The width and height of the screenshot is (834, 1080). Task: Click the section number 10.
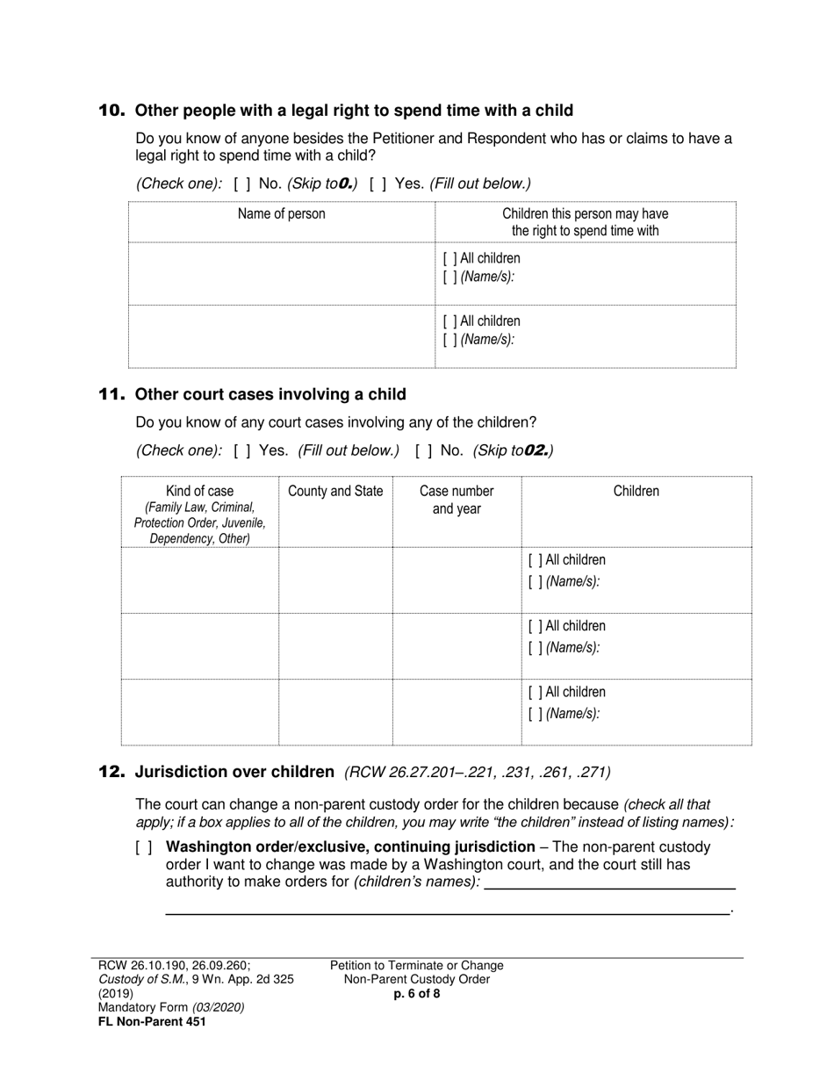[x=111, y=111]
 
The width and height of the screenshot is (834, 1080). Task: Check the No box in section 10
[x=242, y=184]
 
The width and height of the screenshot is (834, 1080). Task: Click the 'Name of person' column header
[x=281, y=214]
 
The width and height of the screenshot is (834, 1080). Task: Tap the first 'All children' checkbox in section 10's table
[x=449, y=259]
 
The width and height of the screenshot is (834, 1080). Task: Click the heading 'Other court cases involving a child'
[x=270, y=394]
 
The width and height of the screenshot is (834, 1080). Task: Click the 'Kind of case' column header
[x=199, y=492]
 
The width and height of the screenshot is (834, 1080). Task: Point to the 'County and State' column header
[x=335, y=492]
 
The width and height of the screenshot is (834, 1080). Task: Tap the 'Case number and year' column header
[x=457, y=500]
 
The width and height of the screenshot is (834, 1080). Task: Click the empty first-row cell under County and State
[x=335, y=580]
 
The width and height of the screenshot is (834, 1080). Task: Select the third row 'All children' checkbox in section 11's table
[x=535, y=693]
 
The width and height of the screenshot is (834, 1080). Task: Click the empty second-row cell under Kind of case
[x=199, y=645]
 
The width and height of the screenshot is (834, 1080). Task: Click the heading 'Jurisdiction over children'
[x=234, y=773]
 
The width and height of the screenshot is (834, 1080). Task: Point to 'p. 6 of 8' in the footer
[x=417, y=995]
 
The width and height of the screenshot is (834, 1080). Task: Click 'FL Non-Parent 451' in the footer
[x=152, y=1022]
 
